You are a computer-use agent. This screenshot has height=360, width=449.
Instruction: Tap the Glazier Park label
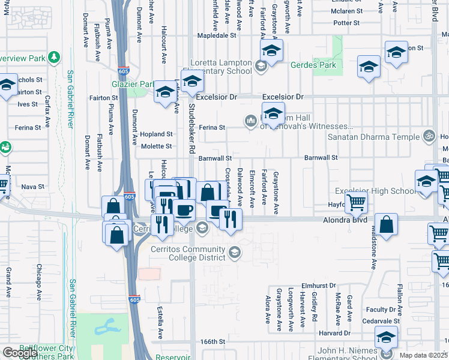[128, 85]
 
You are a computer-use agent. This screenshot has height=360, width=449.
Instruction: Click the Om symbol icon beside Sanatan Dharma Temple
[428, 136]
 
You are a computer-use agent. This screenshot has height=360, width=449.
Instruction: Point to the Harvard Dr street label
[334, 333]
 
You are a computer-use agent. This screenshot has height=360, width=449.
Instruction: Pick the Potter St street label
[346, 23]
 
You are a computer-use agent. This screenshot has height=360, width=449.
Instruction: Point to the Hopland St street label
[157, 134]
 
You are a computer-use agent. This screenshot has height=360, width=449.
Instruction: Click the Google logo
[20, 353]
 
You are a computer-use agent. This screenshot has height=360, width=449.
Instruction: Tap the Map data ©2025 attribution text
[424, 355]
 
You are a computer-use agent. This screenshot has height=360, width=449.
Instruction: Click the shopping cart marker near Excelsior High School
[356, 203]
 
